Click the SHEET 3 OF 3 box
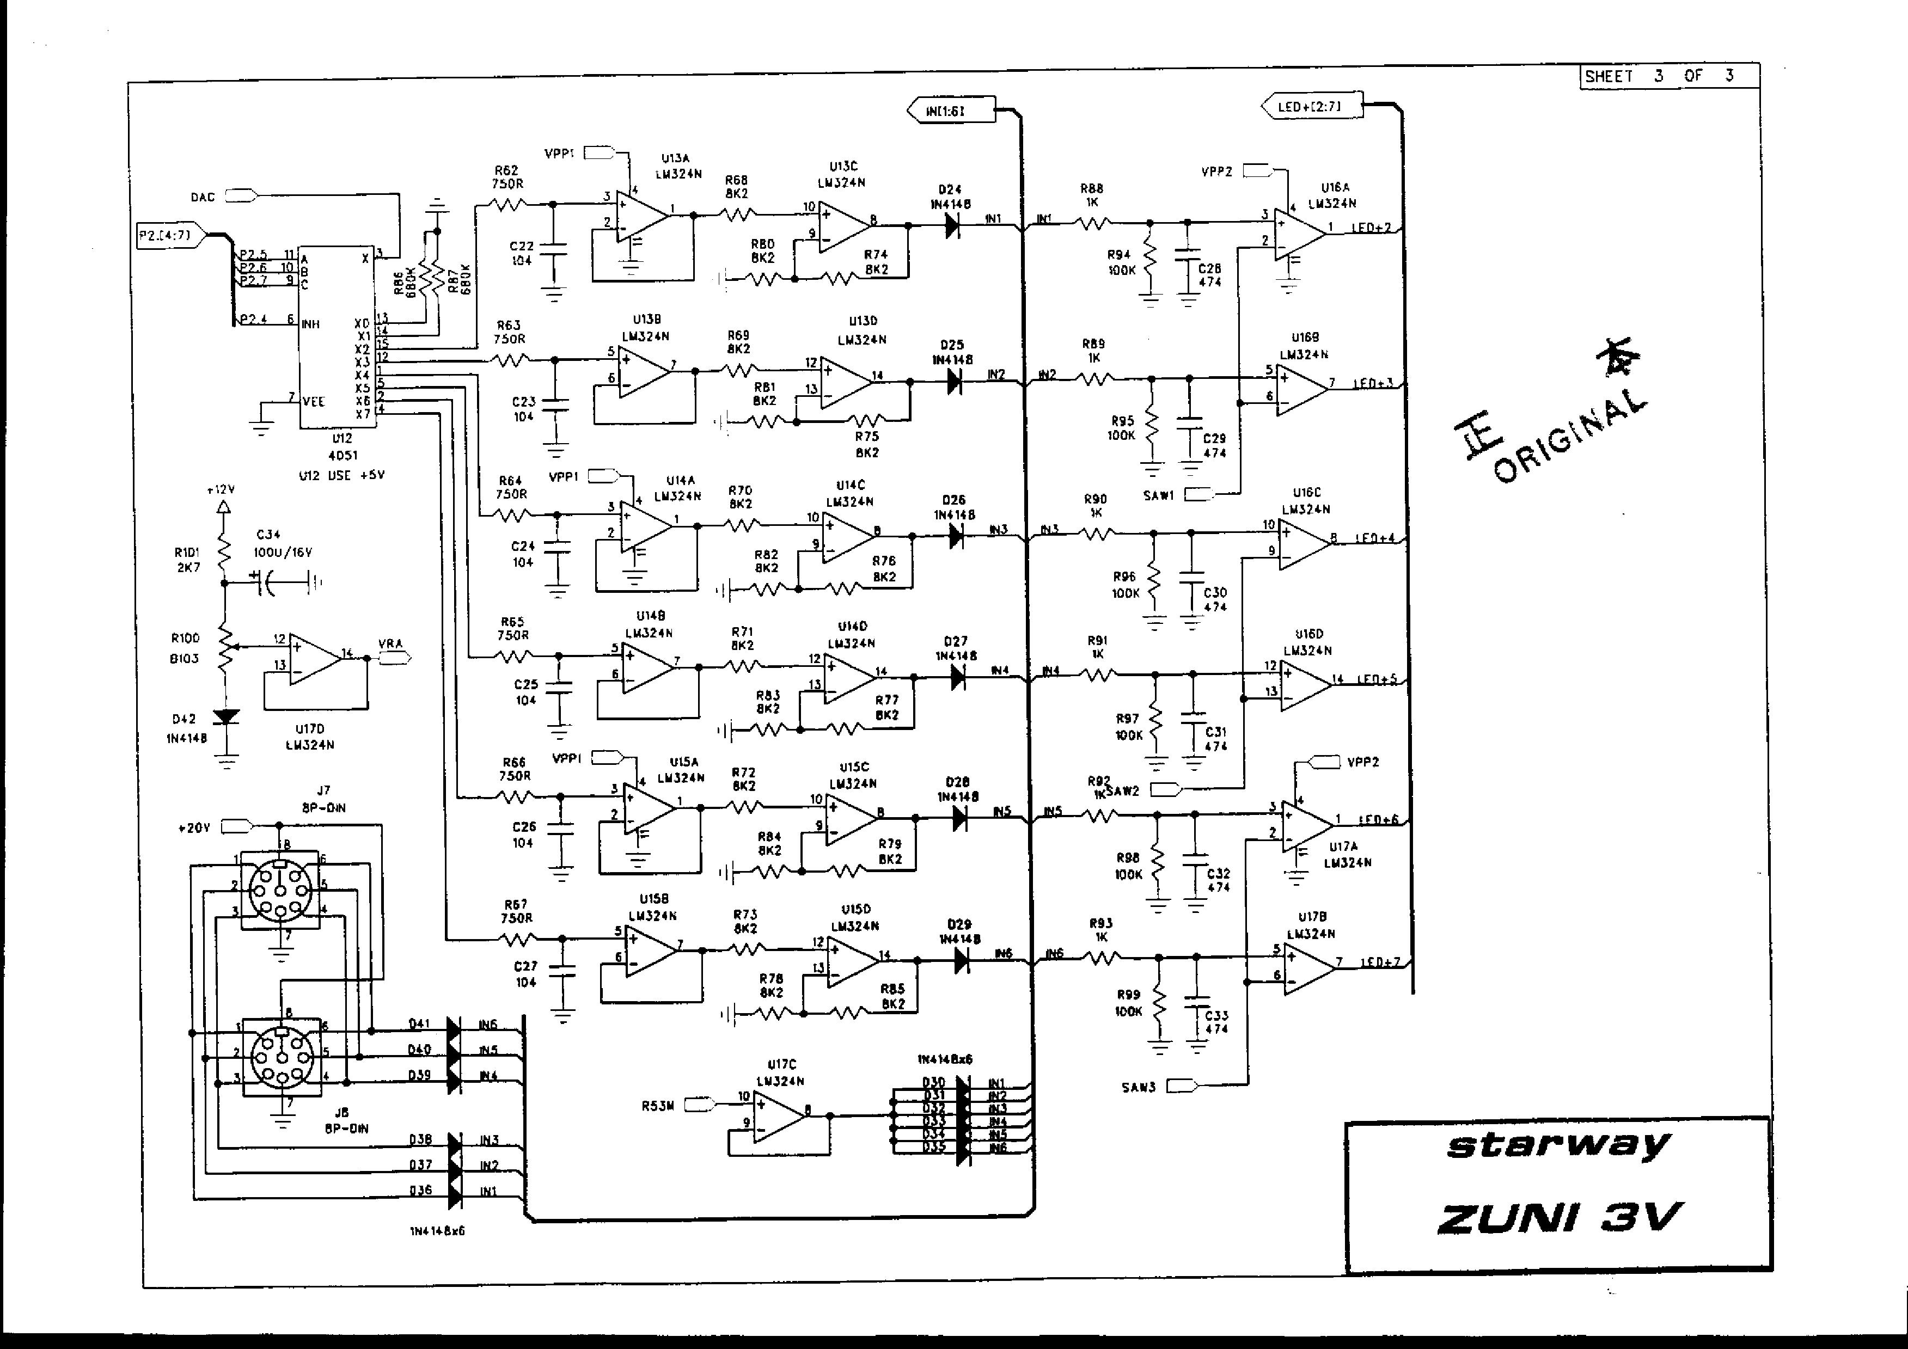pos(1668,76)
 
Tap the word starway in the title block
pos(1557,1146)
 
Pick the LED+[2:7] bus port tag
pos(1311,106)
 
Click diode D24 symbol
pos(952,225)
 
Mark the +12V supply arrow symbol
pos(222,507)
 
